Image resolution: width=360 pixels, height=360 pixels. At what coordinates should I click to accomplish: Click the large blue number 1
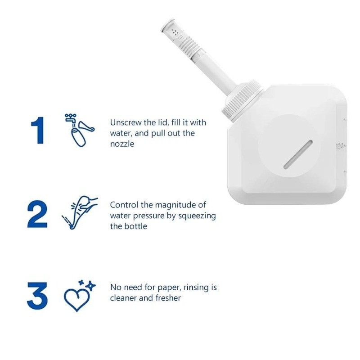[37, 130]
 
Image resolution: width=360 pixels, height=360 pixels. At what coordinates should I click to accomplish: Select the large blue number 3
[37, 296]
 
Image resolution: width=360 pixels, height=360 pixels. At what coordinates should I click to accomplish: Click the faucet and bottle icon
[80, 130]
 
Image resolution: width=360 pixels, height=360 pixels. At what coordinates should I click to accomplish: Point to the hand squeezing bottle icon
[80, 212]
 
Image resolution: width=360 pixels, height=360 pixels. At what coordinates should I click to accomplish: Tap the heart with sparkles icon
[79, 296]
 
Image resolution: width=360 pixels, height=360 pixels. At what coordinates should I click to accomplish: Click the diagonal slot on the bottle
[298, 155]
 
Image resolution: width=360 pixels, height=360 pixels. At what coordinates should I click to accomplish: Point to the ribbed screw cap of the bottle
[242, 98]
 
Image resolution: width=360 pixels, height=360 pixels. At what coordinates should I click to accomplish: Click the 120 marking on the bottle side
[340, 146]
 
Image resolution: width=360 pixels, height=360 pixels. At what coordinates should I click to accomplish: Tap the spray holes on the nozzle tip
[175, 32]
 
